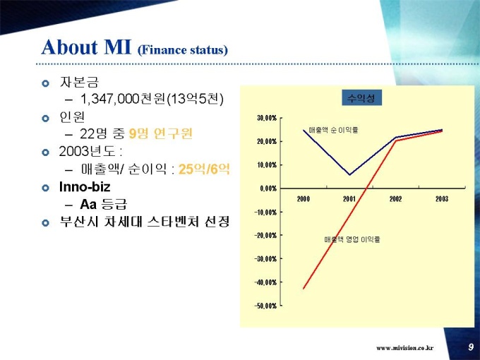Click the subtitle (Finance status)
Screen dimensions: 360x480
tap(183, 50)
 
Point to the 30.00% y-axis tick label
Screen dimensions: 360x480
tap(265, 118)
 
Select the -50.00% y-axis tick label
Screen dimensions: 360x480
tap(265, 306)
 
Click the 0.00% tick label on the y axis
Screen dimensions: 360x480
tap(267, 188)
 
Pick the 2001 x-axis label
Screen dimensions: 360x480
tap(349, 199)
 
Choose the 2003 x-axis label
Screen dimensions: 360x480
tap(442, 199)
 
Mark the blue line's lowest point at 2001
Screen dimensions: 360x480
tap(349, 174)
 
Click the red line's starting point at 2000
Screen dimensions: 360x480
tap(304, 288)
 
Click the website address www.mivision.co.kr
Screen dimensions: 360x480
tap(404, 348)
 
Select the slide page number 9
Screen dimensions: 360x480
tap(471, 347)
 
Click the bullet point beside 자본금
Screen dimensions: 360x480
tap(46, 83)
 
